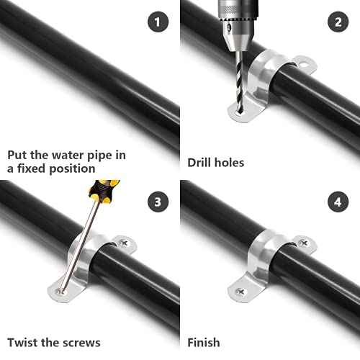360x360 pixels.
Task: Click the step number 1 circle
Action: [x=158, y=22]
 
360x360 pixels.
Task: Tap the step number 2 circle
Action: [x=337, y=22]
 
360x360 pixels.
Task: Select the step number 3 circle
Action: [x=158, y=202]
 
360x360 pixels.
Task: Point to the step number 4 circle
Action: [x=337, y=202]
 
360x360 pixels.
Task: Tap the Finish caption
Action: [x=204, y=342]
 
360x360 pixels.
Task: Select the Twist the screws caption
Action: [x=54, y=342]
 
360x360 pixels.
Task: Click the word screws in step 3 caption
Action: [x=83, y=342]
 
